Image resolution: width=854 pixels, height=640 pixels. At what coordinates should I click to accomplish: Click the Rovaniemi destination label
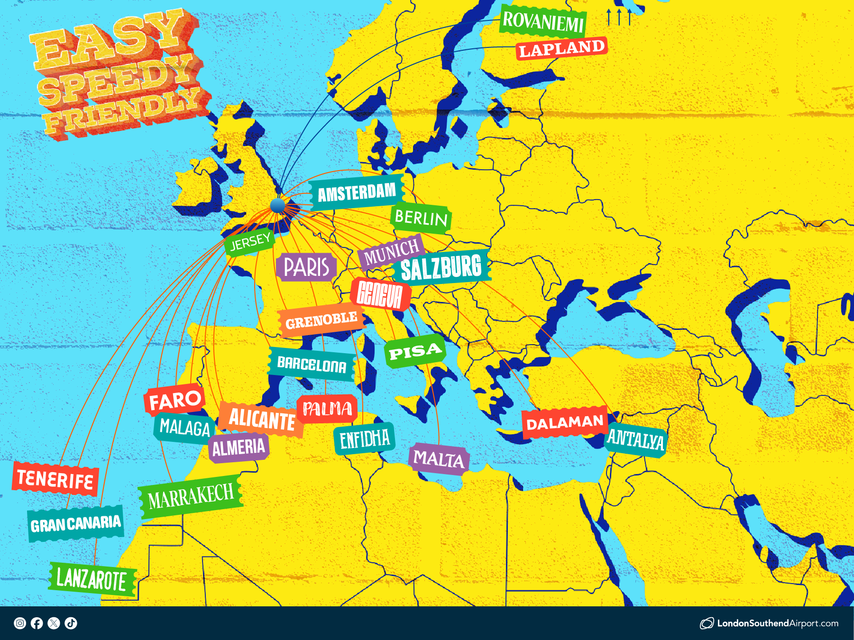coord(543,22)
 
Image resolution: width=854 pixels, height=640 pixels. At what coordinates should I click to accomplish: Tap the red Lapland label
coord(561,48)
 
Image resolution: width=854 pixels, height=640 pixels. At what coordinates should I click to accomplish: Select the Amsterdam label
coord(357,192)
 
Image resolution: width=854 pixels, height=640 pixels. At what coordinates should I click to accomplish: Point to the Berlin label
coord(421,218)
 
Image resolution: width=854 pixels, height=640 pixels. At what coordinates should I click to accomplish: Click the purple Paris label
coord(306,266)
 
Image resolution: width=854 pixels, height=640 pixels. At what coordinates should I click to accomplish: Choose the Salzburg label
coord(441,267)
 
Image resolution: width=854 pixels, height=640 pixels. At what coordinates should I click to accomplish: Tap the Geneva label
coord(380,294)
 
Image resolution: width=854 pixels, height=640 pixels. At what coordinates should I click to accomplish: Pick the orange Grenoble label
coord(321,321)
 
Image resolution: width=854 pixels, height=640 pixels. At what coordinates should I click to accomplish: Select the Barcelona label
coord(312,364)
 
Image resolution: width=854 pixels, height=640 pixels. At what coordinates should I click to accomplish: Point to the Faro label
coord(175,400)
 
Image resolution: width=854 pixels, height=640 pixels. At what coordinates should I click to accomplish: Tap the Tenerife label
coord(55,479)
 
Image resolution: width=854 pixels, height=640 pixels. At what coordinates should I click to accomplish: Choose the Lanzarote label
coord(92,579)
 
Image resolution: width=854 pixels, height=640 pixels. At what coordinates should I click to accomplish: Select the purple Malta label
coord(439,459)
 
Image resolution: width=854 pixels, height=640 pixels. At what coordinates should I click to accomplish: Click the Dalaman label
coord(564,422)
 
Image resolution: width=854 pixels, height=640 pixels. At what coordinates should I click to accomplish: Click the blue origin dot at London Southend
coord(277,205)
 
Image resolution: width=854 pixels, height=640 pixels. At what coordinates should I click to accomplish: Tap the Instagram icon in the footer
coord(20,623)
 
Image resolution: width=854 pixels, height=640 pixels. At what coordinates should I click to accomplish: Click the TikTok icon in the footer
coord(71,623)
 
